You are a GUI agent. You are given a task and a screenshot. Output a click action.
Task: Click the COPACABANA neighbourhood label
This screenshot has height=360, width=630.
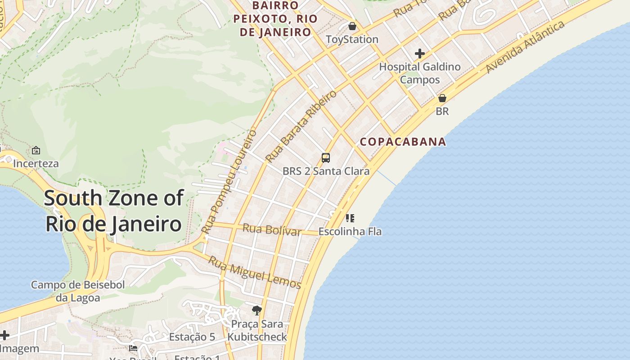click(403, 142)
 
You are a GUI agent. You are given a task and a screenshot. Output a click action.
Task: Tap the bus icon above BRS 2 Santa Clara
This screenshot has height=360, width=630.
click(326, 158)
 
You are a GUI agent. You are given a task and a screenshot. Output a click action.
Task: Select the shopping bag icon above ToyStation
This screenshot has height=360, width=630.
click(352, 26)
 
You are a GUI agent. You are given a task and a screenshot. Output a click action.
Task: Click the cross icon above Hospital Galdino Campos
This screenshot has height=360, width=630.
click(420, 54)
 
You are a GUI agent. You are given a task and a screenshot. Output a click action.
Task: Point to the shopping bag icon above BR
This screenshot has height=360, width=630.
click(442, 98)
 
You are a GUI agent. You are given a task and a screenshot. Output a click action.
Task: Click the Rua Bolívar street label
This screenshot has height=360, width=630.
click(272, 229)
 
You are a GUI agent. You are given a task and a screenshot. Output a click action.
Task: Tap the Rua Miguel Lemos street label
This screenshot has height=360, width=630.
click(255, 272)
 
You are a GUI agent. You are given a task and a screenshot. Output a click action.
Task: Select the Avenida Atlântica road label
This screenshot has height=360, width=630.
click(525, 47)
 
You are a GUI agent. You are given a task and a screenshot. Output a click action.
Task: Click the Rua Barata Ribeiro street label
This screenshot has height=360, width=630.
click(301, 126)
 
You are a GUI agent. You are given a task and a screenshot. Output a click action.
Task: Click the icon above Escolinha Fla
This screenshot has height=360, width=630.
click(350, 218)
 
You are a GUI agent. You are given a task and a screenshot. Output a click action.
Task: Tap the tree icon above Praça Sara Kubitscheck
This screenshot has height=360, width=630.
click(257, 310)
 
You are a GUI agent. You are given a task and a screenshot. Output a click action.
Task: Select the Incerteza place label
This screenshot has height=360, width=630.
click(36, 163)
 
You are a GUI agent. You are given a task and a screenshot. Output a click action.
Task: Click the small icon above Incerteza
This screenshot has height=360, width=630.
click(36, 150)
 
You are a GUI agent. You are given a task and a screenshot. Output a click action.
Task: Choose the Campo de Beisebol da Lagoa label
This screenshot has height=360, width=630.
click(78, 291)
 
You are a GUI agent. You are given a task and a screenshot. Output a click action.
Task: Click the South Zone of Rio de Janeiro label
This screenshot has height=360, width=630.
click(114, 211)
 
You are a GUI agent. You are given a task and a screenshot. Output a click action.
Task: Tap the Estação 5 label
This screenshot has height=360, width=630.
click(192, 337)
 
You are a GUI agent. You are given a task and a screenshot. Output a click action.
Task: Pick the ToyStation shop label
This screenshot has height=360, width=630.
click(352, 40)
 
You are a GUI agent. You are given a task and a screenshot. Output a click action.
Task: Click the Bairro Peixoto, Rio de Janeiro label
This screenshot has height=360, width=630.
click(275, 19)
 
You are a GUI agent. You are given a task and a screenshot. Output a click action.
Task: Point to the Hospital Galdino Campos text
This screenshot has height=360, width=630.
click(420, 73)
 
